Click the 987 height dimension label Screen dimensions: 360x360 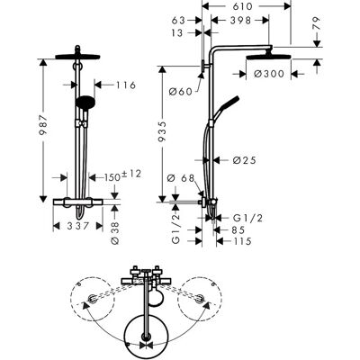(x=44, y=124)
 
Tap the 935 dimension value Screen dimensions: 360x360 (x=162, y=131)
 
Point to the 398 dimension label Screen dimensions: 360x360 (x=240, y=20)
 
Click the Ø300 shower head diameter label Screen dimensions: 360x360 (x=269, y=74)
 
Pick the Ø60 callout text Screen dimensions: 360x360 (x=180, y=91)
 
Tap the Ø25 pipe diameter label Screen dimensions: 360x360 (x=245, y=160)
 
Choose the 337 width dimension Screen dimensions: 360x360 (x=78, y=226)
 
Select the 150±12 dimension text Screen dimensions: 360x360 (x=122, y=175)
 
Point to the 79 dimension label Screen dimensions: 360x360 (x=317, y=23)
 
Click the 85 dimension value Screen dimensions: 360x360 (x=238, y=230)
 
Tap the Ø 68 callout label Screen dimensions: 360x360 (x=181, y=178)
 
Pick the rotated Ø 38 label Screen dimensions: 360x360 (x=115, y=233)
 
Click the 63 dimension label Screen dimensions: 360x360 (x=178, y=20)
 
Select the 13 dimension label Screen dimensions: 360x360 (x=177, y=32)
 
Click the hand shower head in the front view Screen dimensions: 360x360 (x=85, y=102)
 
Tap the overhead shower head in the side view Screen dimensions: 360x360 (x=268, y=57)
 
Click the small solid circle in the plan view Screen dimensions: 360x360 (x=156, y=297)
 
